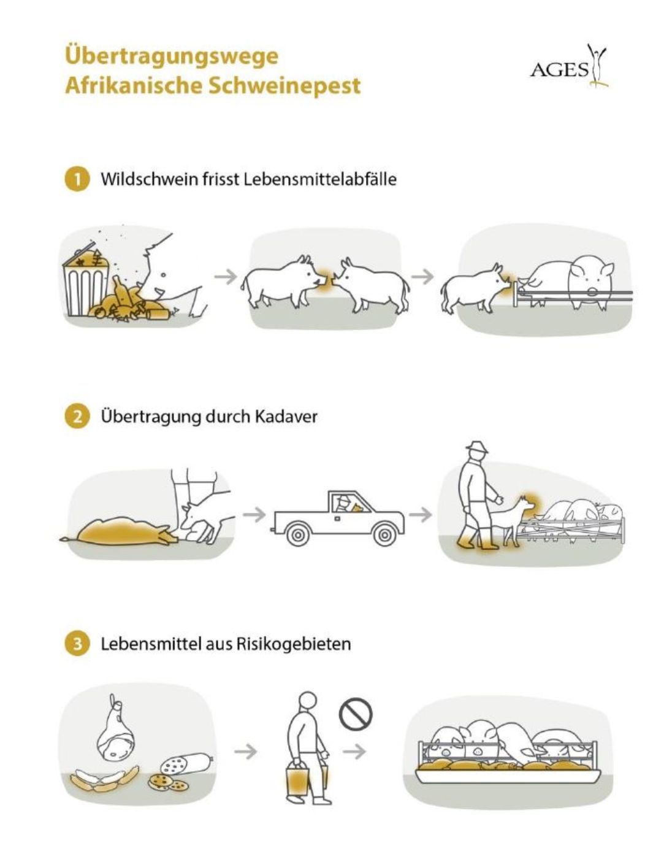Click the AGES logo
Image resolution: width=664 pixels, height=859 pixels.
coord(569,66)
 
